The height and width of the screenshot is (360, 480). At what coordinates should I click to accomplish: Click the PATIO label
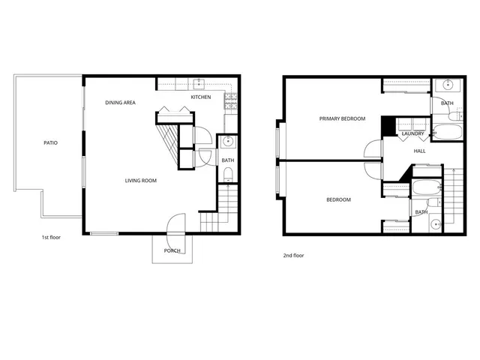pyautogui.click(x=50, y=142)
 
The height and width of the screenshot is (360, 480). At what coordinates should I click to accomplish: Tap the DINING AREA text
pyautogui.click(x=120, y=102)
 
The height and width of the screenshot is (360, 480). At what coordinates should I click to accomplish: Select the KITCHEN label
pyautogui.click(x=200, y=97)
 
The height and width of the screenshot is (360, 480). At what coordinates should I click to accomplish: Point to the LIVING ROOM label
pyautogui.click(x=140, y=180)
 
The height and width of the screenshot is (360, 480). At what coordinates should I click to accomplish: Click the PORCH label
pyautogui.click(x=172, y=250)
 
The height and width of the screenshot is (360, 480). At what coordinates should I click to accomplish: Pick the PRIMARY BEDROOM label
pyautogui.click(x=342, y=118)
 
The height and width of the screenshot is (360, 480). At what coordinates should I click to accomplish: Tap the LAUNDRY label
pyautogui.click(x=412, y=134)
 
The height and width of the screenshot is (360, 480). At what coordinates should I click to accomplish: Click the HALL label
pyautogui.click(x=420, y=151)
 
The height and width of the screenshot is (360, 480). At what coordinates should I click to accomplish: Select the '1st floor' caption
pyautogui.click(x=52, y=237)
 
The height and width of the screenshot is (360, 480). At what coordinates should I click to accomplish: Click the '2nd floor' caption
pyautogui.click(x=293, y=255)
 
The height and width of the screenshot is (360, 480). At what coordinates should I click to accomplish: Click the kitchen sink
pyautogui.click(x=200, y=84)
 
